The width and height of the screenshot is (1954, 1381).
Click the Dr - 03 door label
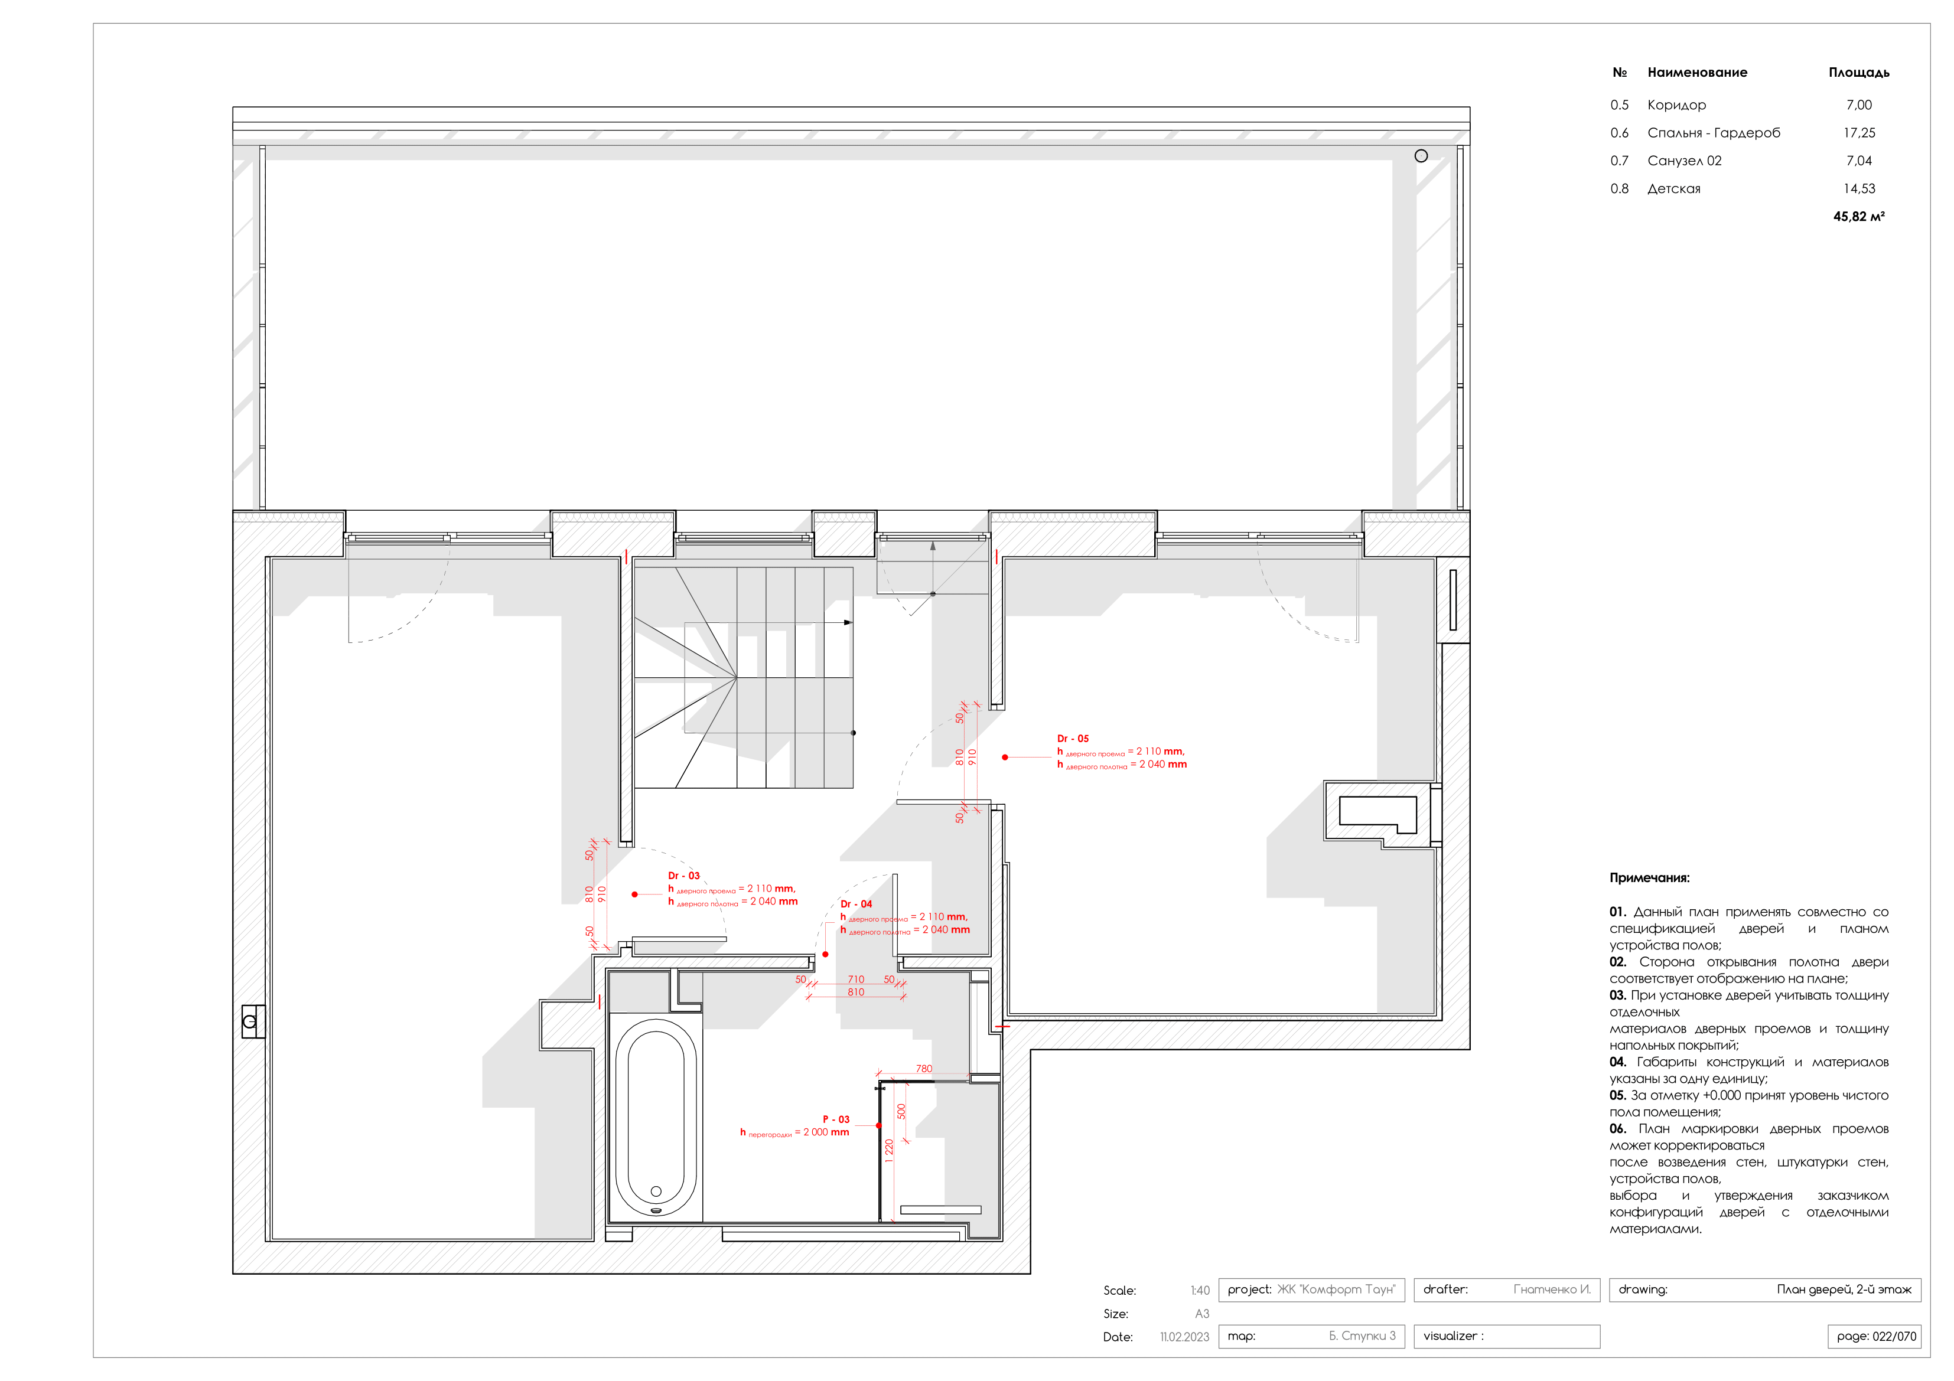tap(683, 876)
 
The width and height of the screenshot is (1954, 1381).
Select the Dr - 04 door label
tap(856, 904)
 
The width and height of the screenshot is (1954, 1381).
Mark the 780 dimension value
tap(924, 1069)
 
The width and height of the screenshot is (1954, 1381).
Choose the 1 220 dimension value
tap(890, 1150)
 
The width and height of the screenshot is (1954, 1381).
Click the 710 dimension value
tap(856, 980)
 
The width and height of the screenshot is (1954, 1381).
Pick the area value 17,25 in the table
tap(1859, 133)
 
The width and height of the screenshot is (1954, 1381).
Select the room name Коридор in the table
tap(1676, 105)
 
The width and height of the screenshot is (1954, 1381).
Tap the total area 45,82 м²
tap(1859, 216)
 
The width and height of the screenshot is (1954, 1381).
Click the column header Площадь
tap(1859, 72)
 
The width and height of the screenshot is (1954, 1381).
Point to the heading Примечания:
tap(1649, 878)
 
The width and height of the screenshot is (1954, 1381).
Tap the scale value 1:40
tap(1200, 1291)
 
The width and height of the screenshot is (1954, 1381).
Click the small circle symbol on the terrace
tap(1421, 156)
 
